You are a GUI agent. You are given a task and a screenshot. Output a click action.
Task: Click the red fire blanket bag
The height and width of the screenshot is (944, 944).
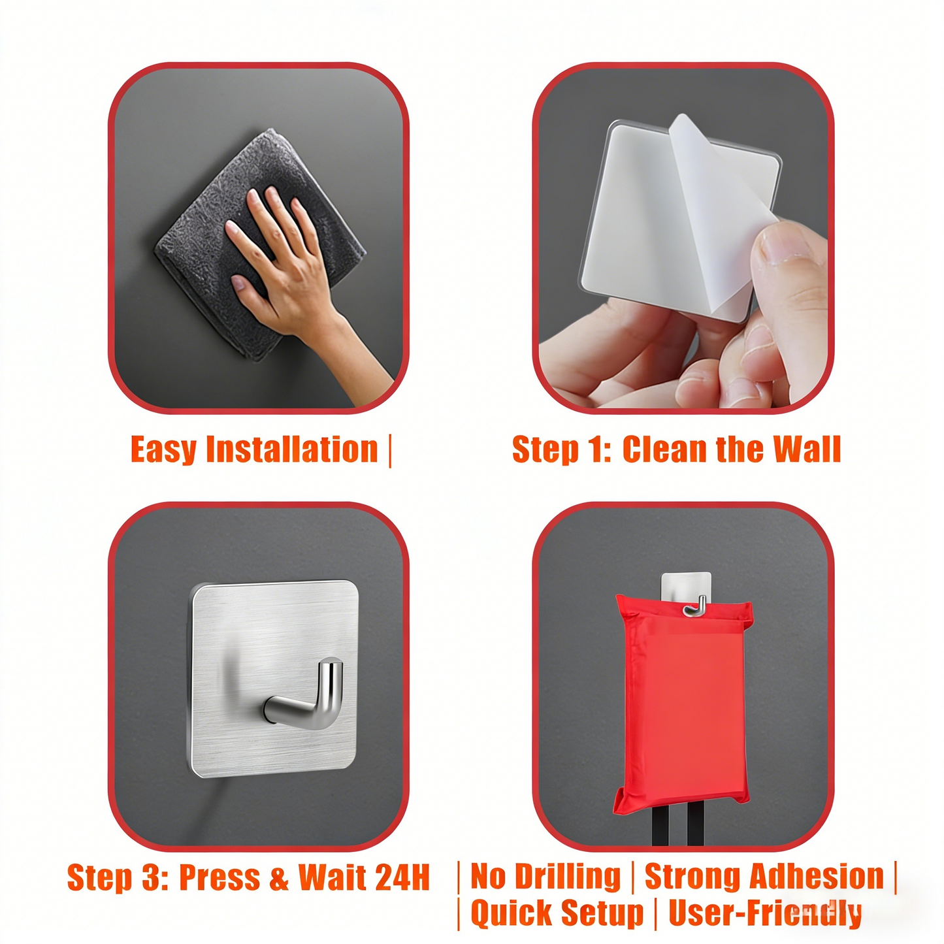tap(683, 706)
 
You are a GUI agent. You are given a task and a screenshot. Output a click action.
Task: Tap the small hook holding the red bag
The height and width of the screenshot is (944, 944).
tap(695, 608)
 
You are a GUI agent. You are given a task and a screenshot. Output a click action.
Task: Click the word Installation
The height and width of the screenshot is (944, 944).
tap(292, 450)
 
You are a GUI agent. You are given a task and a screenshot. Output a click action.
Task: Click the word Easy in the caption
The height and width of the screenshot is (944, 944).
tap(163, 450)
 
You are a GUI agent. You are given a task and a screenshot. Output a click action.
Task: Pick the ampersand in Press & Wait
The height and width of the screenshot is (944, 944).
tap(279, 877)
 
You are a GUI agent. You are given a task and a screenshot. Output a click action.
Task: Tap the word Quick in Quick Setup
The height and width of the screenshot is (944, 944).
tap(510, 913)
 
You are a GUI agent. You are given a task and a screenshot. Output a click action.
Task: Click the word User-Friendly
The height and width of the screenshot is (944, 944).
tap(764, 913)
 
